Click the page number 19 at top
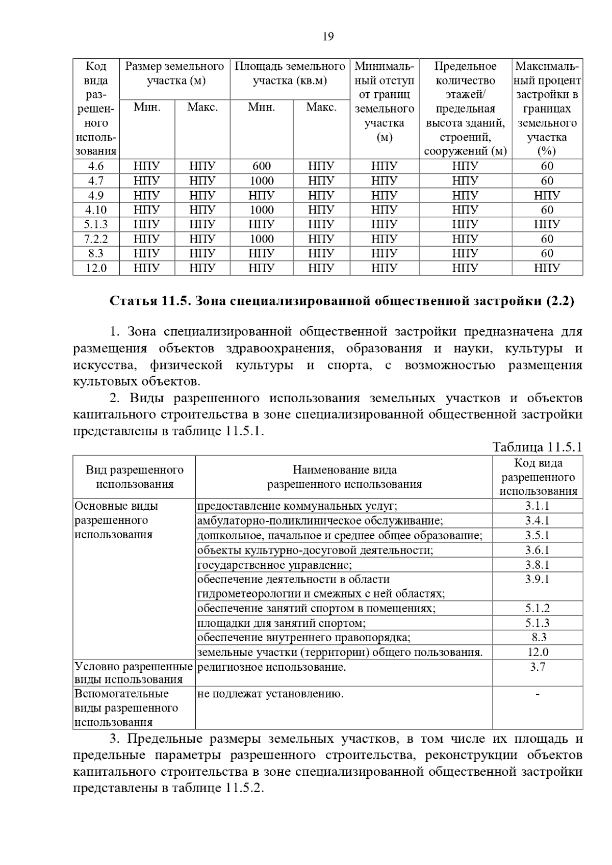pos(328,37)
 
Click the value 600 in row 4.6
pos(262,166)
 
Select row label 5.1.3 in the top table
pos(96,224)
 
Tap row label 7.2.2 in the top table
pos(96,239)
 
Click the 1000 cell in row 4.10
pos(262,210)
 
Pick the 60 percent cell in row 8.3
pos(547,253)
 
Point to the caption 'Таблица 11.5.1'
pos(537,448)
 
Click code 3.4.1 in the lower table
pos(538,521)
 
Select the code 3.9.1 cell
pos(538,580)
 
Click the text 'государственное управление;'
pos(274,565)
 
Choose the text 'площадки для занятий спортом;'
pos(282,623)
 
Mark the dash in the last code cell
pos(538,694)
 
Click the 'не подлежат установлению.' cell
pos(270,694)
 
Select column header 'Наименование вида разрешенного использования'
pos(344,477)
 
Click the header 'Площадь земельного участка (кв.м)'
pos(290,73)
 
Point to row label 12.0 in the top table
pos(96,268)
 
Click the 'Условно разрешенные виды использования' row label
pos(134,673)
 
